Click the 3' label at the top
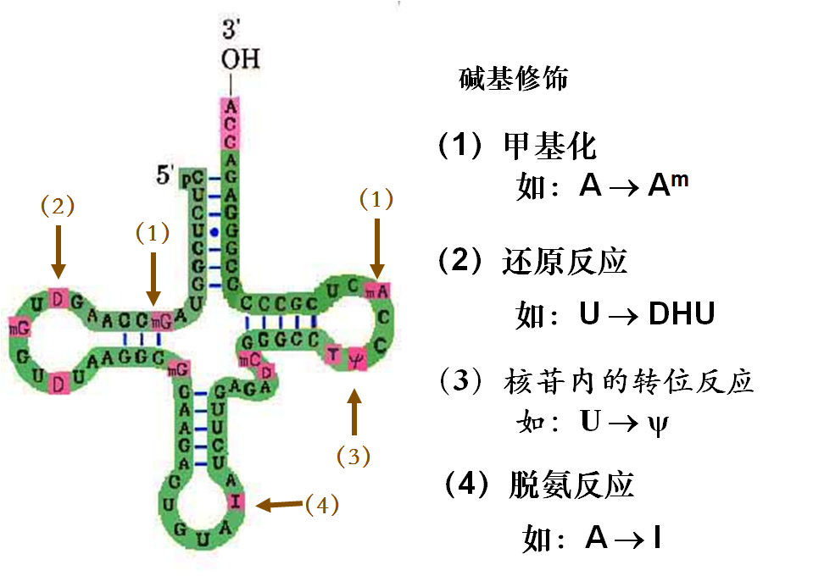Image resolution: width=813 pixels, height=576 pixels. tap(231, 31)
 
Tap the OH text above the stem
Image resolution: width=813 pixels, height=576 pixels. tap(240, 59)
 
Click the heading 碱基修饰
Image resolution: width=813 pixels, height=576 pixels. tap(513, 80)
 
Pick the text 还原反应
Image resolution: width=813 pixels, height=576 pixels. tap(565, 262)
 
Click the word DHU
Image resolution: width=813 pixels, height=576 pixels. tap(682, 314)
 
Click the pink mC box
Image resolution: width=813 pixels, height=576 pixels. tap(248, 358)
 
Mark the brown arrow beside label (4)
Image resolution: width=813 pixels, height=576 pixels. tap(279, 505)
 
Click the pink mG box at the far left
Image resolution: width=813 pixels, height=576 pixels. tap(15, 326)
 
